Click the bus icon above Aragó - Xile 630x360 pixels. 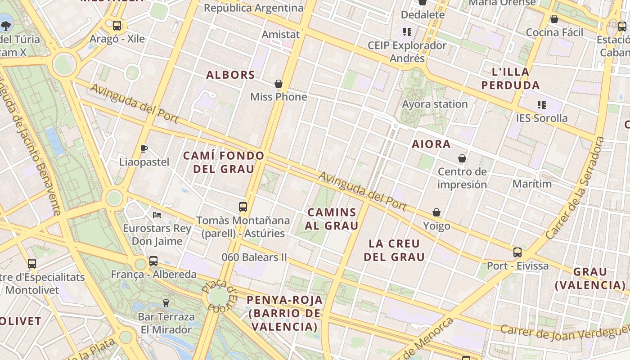117,26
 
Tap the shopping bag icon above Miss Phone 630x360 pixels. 279,84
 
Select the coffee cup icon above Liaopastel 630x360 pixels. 144,148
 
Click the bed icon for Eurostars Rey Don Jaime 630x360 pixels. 157,215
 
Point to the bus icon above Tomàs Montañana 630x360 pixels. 243,207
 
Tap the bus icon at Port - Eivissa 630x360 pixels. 517,252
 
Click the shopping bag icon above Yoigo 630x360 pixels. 436,212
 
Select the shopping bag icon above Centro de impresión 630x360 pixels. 462,158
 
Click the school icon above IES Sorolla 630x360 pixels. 542,105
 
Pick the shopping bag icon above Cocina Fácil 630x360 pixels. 554,19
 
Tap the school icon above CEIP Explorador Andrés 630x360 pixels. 407,31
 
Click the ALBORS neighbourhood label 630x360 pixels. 230,75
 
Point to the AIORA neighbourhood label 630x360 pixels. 431,144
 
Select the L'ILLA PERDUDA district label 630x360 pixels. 510,78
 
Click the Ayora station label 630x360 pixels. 435,104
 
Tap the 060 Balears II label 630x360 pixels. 254,257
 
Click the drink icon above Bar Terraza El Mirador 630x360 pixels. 166,303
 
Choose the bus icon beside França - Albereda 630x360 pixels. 153,261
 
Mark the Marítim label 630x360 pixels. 532,184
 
